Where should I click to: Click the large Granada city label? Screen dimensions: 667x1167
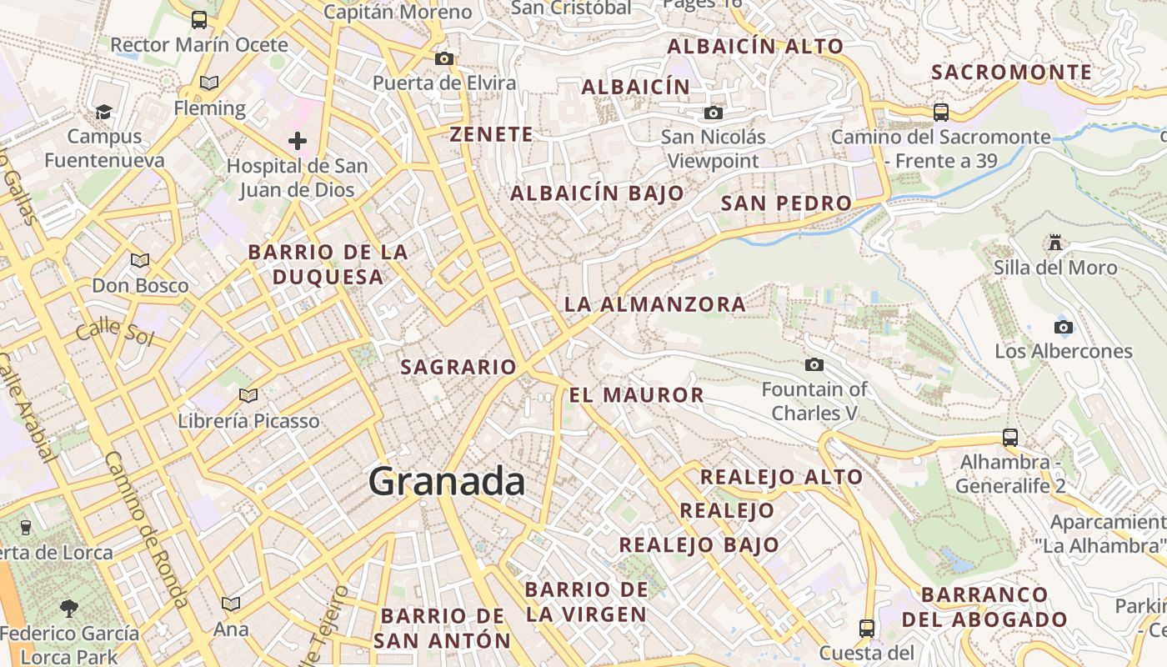click(447, 482)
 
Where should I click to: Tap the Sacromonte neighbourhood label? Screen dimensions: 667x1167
click(1011, 73)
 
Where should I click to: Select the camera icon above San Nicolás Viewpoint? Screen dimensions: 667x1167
click(714, 113)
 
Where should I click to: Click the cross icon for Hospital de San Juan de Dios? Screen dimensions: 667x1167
click(298, 141)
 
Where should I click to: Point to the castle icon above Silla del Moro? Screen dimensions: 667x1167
click(1055, 243)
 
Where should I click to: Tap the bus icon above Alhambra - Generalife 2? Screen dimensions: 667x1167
click(1010, 437)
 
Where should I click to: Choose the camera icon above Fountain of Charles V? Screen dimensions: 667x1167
click(814, 364)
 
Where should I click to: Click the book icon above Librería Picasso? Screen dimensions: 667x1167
click(248, 395)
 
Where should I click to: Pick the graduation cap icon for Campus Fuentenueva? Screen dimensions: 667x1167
click(104, 112)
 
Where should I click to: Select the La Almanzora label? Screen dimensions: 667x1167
click(655, 304)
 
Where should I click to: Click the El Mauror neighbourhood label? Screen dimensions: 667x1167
click(637, 394)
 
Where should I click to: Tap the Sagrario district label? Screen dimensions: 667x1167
click(458, 367)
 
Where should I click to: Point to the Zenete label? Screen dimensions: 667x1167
click(491, 134)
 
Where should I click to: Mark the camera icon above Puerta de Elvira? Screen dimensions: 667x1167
click(444, 58)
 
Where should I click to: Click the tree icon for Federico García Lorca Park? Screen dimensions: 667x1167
click(69, 608)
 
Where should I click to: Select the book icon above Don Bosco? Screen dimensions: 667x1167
click(140, 260)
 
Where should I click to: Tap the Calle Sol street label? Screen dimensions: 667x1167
click(115, 331)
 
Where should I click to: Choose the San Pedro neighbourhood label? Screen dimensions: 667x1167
click(786, 203)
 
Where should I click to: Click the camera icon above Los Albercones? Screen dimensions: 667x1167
click(1064, 327)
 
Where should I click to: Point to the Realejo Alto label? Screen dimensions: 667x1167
click(781, 477)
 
